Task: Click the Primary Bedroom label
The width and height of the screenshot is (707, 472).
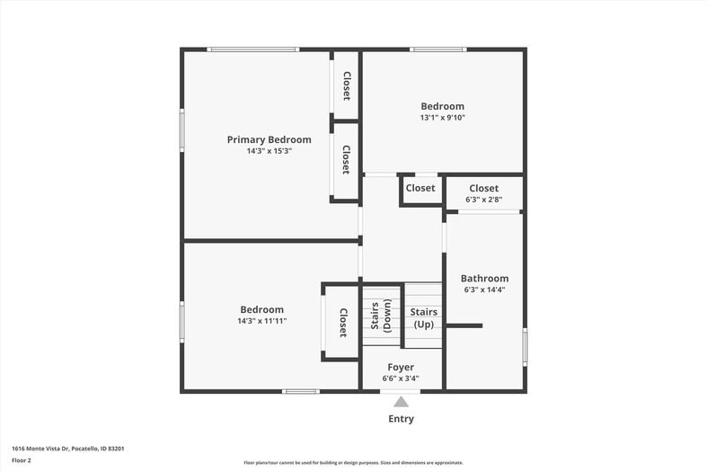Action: (270, 140)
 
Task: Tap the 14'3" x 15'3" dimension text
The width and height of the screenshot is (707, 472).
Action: (270, 151)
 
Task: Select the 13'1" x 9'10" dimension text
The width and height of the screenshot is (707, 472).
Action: (442, 117)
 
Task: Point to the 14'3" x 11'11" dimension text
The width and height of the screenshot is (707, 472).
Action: (262, 321)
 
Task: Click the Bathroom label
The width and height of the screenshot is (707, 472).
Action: (484, 279)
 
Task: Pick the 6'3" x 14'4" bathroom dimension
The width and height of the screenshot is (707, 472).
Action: (484, 289)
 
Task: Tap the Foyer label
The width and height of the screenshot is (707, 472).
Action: (401, 368)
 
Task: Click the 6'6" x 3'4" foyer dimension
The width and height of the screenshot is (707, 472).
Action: (401, 378)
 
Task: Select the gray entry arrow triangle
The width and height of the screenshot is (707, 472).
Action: (401, 402)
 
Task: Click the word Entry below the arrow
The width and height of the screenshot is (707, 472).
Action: (401, 419)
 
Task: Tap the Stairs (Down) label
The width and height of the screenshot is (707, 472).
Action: (381, 316)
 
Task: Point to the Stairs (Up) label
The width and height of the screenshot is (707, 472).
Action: (423, 318)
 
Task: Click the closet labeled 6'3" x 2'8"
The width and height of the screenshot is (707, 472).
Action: (484, 193)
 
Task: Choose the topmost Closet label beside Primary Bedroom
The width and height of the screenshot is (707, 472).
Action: (346, 85)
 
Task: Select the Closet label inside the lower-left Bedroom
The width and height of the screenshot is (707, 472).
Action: (342, 323)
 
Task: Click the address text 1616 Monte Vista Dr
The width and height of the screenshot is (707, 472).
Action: (40, 449)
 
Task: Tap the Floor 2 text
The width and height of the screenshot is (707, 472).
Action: (22, 460)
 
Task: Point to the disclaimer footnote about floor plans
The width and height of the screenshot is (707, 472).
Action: (353, 462)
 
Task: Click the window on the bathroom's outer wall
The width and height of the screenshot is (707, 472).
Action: (525, 347)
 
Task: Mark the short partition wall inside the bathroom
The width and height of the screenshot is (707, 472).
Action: (464, 325)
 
